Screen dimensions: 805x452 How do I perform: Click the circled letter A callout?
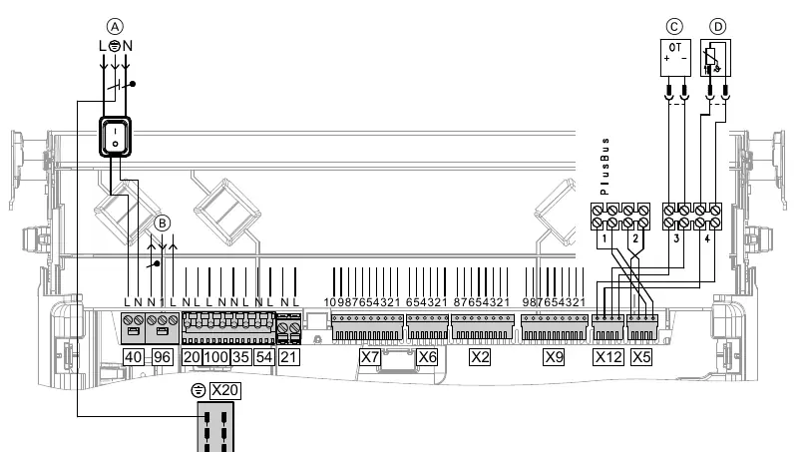point(115,27)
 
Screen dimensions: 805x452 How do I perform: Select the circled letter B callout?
point(163,224)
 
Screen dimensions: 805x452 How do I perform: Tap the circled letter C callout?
point(674,27)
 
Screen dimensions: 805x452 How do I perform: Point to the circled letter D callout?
point(718,27)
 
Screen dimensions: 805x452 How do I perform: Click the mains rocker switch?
point(115,137)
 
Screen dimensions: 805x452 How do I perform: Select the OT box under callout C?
point(675,58)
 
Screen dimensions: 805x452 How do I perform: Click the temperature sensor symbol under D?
point(715,58)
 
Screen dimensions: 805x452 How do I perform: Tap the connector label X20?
point(224,390)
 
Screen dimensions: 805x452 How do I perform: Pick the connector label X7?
point(370,357)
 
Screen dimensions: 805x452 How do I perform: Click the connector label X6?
point(427,357)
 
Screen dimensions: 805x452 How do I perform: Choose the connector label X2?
point(480,357)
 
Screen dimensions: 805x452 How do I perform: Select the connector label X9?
point(554,357)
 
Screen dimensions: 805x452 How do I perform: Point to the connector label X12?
point(608,357)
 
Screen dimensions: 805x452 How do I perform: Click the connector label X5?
point(641,357)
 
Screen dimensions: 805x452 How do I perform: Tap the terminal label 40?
point(134,357)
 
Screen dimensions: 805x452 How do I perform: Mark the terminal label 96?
point(162,357)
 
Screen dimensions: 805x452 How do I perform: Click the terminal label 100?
point(215,357)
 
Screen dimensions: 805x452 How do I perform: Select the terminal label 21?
point(288,357)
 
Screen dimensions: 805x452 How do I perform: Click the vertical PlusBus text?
point(604,166)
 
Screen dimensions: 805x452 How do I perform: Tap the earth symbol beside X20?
point(198,391)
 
